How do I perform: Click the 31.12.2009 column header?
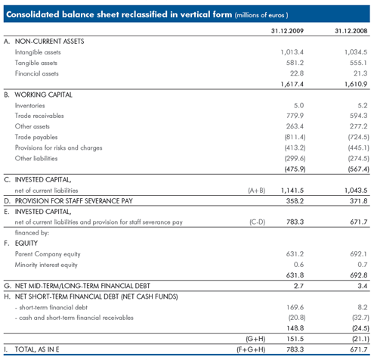pyautogui.click(x=287, y=31)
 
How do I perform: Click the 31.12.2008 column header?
pyautogui.click(x=351, y=31)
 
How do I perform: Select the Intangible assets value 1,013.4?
pyautogui.click(x=292, y=52)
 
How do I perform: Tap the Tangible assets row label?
pyautogui.click(x=36, y=63)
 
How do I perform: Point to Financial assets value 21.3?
pyautogui.click(x=360, y=73)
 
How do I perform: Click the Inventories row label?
pyautogui.click(x=29, y=105)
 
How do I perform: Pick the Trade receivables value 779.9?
pyautogui.click(x=295, y=116)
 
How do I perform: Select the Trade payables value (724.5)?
pyautogui.click(x=359, y=137)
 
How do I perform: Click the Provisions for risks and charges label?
pyautogui.click(x=58, y=147)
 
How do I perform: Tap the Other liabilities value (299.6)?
pyautogui.click(x=295, y=158)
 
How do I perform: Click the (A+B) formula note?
pyautogui.click(x=256, y=191)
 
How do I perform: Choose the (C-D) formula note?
pyautogui.click(x=257, y=222)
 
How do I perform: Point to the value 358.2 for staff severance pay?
pyautogui.click(x=295, y=201)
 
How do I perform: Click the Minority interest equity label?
pyautogui.click(x=46, y=265)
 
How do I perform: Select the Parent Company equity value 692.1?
pyautogui.click(x=358, y=254)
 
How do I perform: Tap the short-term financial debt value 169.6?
pyautogui.click(x=295, y=307)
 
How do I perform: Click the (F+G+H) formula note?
pyautogui.click(x=251, y=349)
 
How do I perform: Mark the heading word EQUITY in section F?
pyautogui.click(x=26, y=244)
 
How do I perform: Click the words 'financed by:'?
pyautogui.click(x=32, y=233)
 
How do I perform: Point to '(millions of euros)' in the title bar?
pyautogui.click(x=261, y=15)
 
